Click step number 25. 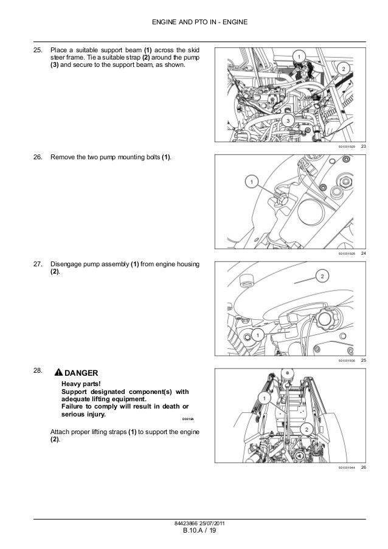tap(38, 49)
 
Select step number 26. tap(38, 157)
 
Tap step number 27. tap(38, 264)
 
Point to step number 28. tap(38, 370)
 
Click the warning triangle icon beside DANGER tap(57, 373)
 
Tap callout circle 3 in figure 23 tap(288, 120)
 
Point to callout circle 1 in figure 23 tap(299, 56)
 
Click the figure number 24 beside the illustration tap(363, 252)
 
